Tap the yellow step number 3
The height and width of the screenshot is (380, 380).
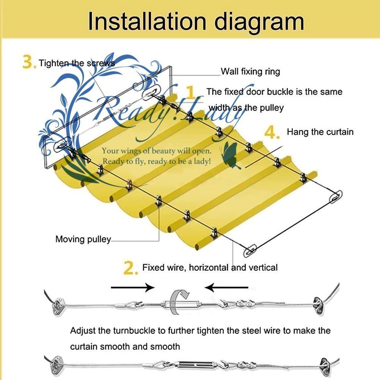click(29, 62)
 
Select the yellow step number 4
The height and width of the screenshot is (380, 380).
click(272, 132)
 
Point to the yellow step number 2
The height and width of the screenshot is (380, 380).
click(131, 268)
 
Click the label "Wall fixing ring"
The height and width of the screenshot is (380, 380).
click(250, 71)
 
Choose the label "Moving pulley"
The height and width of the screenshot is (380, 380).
click(83, 239)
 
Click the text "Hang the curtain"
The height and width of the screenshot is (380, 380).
click(320, 132)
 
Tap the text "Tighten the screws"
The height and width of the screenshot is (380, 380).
click(76, 63)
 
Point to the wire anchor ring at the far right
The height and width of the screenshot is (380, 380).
click(336, 197)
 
